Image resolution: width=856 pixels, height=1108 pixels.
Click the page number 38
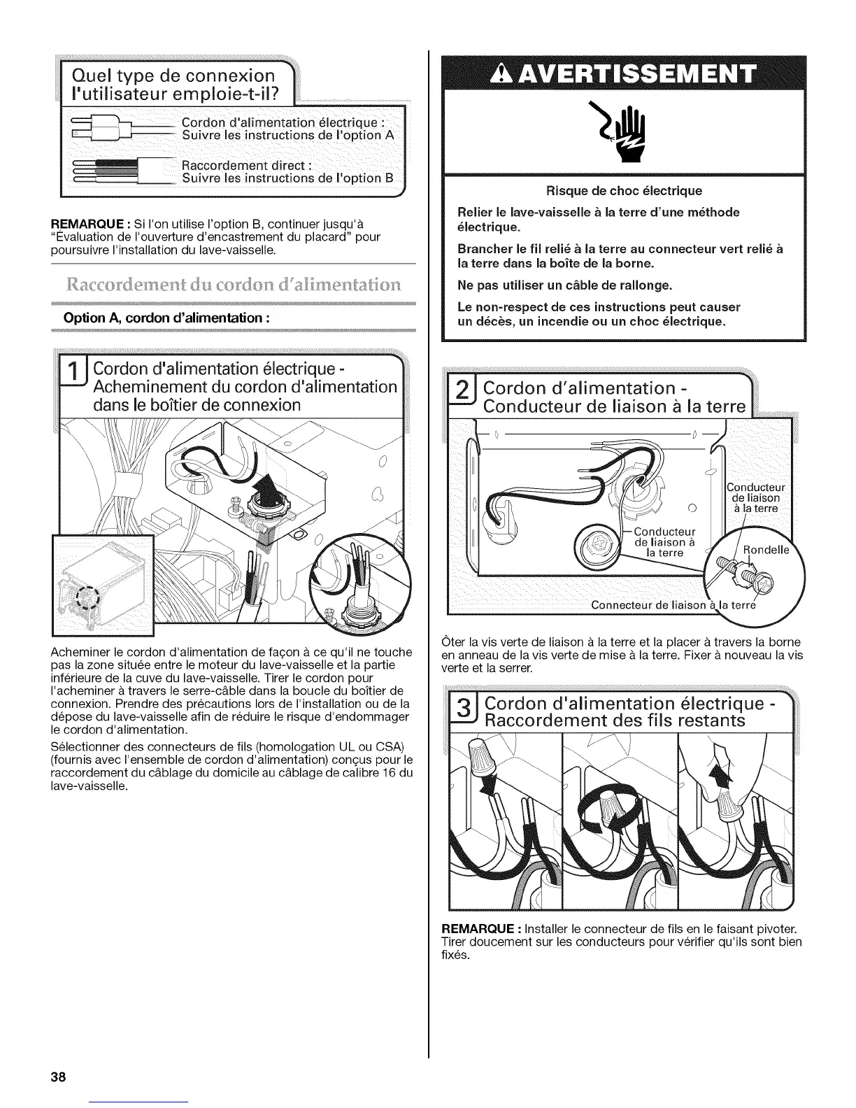[x=57, y=1077]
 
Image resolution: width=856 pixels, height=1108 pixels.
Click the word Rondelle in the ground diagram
[x=765, y=549]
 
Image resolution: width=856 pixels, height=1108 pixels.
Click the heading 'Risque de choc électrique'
[x=624, y=191]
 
